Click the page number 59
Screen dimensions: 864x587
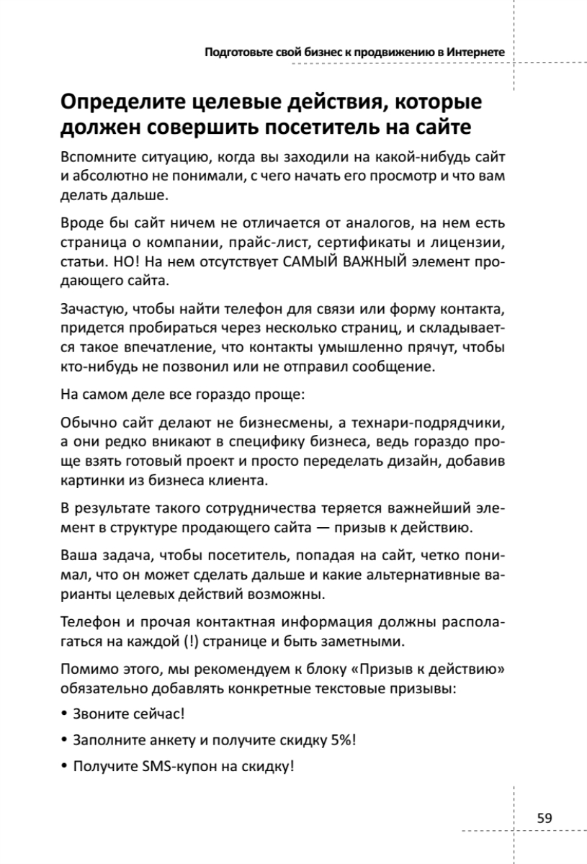545,818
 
